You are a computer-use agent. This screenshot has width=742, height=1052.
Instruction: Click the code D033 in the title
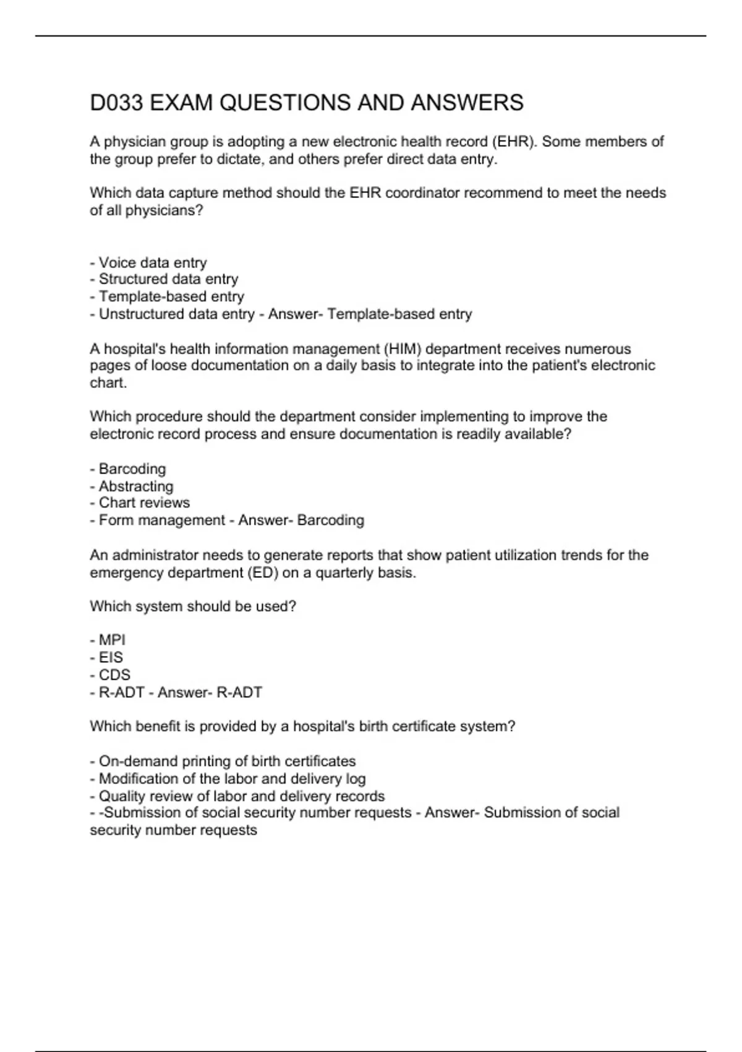pyautogui.click(x=116, y=103)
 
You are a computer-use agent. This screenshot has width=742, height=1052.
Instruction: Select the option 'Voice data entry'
pyautogui.click(x=152, y=263)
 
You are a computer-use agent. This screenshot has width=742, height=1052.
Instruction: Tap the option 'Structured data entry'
pyautogui.click(x=168, y=280)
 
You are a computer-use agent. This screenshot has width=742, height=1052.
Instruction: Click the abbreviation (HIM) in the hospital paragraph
pyautogui.click(x=403, y=349)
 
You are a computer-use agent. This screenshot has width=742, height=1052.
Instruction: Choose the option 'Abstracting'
pyautogui.click(x=135, y=486)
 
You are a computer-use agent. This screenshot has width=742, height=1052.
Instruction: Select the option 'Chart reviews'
pyautogui.click(x=143, y=503)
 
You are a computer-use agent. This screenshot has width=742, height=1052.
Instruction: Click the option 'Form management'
pyautogui.click(x=161, y=520)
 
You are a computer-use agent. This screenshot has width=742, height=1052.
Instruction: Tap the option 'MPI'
pyautogui.click(x=111, y=640)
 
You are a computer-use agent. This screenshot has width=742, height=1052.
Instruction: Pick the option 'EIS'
pyautogui.click(x=111, y=658)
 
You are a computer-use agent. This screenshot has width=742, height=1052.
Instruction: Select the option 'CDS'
pyautogui.click(x=114, y=675)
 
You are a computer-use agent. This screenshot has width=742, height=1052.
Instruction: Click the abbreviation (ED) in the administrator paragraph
pyautogui.click(x=262, y=573)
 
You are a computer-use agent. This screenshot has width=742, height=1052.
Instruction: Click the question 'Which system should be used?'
pyautogui.click(x=193, y=606)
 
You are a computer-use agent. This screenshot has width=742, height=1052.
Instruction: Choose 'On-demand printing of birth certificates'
pyautogui.click(x=226, y=761)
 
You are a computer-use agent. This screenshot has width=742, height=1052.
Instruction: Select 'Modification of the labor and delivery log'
pyautogui.click(x=232, y=778)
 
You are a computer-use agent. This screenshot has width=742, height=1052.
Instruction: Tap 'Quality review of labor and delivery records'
pyautogui.click(x=241, y=796)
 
